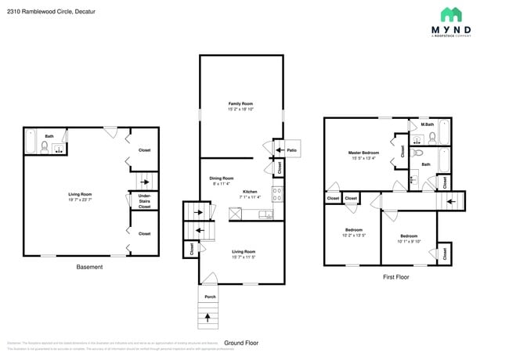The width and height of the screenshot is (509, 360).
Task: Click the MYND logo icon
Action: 451,15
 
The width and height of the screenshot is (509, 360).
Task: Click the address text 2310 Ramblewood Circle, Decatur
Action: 42,11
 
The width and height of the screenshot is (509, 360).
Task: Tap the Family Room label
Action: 240,103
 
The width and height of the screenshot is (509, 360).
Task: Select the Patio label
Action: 291,149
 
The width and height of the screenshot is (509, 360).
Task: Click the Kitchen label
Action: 250,191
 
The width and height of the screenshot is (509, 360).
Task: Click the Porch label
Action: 210,297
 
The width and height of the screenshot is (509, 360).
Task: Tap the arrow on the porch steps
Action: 208,317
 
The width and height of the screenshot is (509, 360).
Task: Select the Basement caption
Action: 89,267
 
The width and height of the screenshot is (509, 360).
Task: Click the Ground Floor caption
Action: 241,343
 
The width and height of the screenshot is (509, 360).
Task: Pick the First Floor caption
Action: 396,277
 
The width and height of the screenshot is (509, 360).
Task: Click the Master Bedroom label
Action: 363,152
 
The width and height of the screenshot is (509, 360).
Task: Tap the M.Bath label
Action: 428,124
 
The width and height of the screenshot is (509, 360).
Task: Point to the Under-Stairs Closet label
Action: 145,200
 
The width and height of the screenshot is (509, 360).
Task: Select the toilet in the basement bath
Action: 45,145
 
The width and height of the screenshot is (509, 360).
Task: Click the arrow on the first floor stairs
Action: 450,201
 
